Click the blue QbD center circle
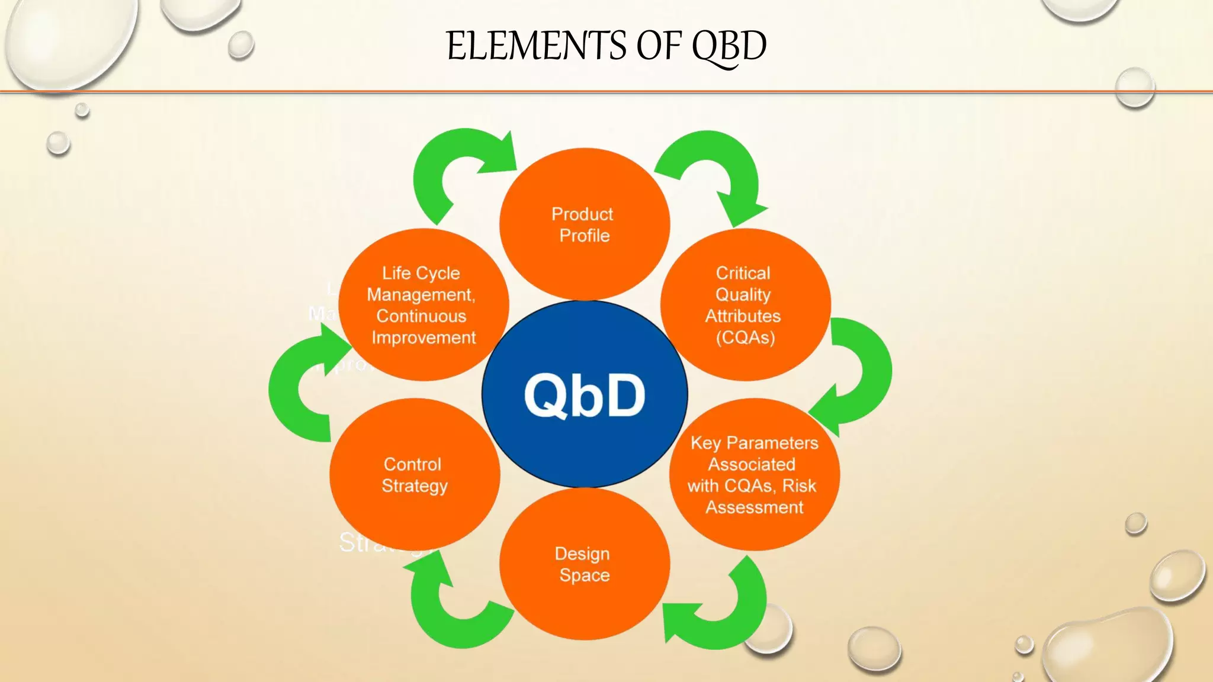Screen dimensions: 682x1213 point(585,395)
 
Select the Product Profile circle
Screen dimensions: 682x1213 point(585,225)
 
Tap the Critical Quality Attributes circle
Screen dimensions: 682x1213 point(745,305)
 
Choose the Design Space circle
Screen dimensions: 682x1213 point(585,564)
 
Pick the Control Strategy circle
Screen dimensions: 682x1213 point(414,475)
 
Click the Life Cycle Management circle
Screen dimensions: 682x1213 point(423,305)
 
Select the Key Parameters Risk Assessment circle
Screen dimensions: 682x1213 point(754,475)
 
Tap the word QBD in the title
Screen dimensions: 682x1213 point(729,46)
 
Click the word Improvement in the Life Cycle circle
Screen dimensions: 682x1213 point(423,338)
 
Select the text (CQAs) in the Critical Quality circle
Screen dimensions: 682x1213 point(745,338)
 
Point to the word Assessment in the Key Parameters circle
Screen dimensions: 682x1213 point(754,507)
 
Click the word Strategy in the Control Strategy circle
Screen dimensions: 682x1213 point(414,486)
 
